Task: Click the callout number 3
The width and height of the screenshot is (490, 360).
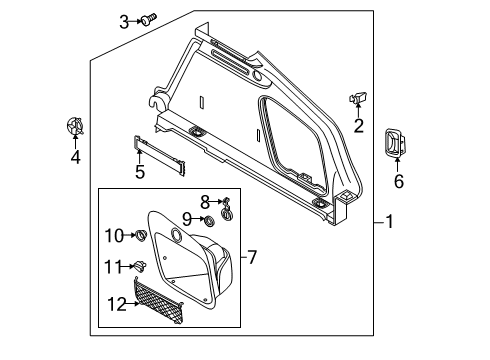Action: tap(124, 22)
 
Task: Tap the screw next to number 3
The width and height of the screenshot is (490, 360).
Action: tap(149, 19)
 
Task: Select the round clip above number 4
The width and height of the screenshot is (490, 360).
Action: tap(74, 126)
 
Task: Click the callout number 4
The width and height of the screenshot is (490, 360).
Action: tap(76, 157)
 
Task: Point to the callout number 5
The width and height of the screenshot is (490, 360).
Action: tap(140, 172)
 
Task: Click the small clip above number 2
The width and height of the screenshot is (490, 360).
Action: tap(358, 98)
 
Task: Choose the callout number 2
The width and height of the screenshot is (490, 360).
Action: tap(359, 126)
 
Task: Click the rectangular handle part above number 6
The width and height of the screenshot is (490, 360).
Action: tap(396, 142)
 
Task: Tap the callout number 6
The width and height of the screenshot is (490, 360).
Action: tap(399, 181)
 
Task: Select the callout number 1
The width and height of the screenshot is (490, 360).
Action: tap(389, 222)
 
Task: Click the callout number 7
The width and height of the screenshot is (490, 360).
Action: tap(252, 257)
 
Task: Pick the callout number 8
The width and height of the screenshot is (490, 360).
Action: tap(205, 202)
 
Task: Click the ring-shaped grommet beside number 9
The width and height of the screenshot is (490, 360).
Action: tap(209, 220)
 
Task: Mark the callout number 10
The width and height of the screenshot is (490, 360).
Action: tap(114, 236)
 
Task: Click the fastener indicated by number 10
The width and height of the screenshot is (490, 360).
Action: tap(141, 235)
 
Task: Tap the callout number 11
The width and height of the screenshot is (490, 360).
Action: tap(113, 267)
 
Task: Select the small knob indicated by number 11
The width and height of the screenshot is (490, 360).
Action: tap(140, 266)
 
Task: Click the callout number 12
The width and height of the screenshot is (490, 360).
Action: tap(117, 304)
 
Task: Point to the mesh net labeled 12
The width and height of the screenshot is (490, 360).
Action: tap(158, 301)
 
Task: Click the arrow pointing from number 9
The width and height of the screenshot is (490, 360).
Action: tap(198, 219)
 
